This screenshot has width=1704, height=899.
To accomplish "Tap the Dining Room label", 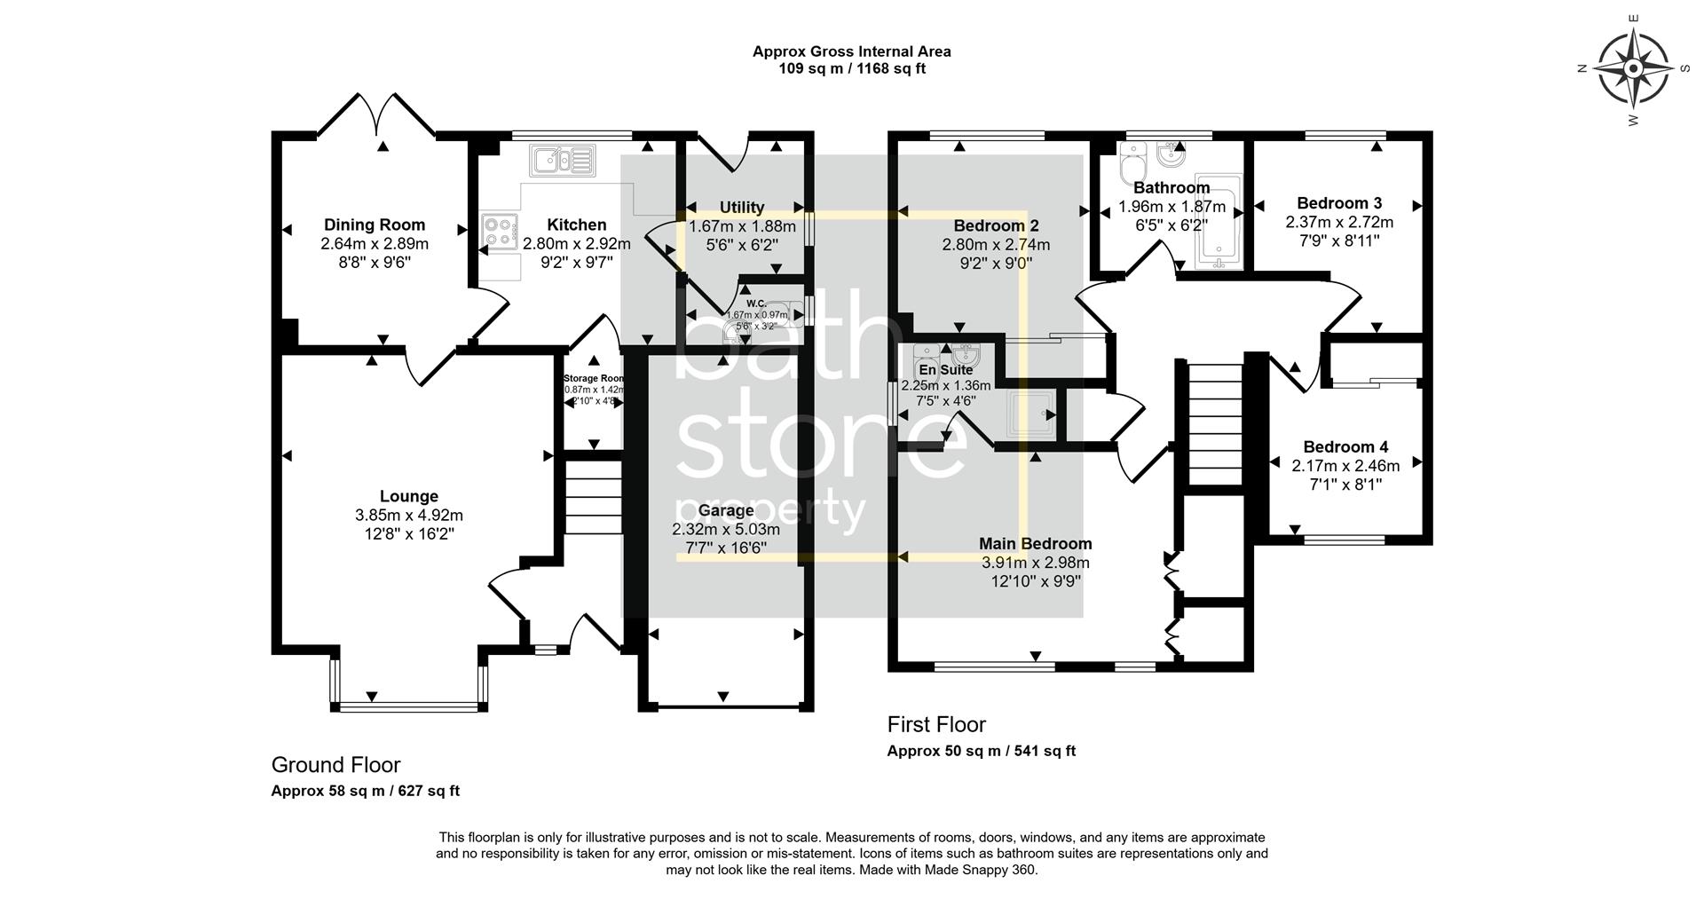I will pos(374,225).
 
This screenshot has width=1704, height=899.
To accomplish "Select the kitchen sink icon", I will pos(561,161).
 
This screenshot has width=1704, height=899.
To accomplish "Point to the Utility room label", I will pos(742,207).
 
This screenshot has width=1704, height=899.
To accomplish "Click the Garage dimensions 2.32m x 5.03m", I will pos(726,529).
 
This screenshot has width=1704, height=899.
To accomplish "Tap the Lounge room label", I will pos(409,496).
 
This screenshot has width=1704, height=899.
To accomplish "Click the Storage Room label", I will pos(594,378).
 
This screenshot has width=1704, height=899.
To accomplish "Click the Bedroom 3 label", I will pos(1339,203).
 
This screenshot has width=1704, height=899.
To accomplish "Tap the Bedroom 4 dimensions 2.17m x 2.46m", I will pos(1345,466).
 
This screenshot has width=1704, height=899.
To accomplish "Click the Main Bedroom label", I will pos(1035,543).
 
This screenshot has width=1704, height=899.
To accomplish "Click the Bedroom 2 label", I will pos(996,225).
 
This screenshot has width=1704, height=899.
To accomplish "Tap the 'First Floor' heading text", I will pos(936,724).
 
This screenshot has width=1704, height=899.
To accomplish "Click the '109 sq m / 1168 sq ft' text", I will pos(851,68).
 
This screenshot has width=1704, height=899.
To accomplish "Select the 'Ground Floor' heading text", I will pos(335,764).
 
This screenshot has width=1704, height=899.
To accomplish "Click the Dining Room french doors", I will pos(377,116).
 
